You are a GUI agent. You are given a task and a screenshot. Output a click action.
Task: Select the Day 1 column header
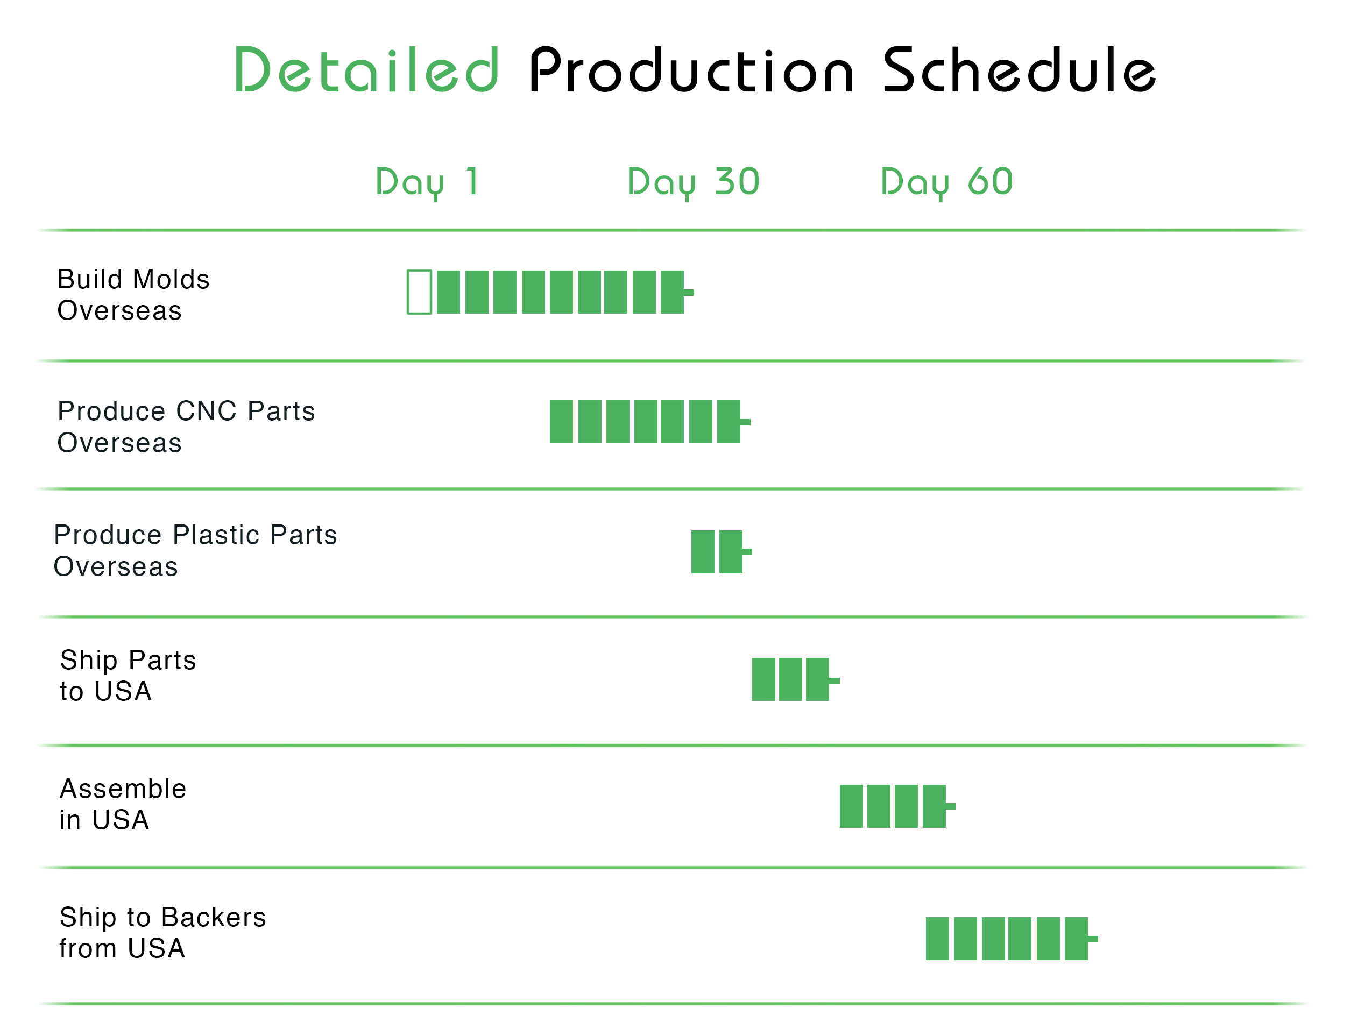(x=427, y=183)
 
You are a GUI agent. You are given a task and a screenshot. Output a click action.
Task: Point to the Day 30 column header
(x=694, y=183)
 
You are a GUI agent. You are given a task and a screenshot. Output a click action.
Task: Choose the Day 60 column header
(x=946, y=183)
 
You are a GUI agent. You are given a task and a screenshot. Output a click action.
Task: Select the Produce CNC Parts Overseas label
(x=186, y=427)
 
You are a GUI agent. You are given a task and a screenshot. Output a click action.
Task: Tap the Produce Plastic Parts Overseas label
(x=195, y=551)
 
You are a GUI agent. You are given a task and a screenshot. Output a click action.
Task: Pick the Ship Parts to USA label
(x=128, y=676)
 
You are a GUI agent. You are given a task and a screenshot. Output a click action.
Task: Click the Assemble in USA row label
(x=123, y=804)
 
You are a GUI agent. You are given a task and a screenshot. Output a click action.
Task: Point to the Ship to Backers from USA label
(x=162, y=933)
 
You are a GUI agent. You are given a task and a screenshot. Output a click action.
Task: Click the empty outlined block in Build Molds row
(x=419, y=292)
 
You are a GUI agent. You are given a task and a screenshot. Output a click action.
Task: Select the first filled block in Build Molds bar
(x=448, y=292)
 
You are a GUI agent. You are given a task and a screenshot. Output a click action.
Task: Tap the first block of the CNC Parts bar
(x=561, y=422)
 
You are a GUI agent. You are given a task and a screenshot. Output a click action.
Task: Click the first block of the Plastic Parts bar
(x=703, y=552)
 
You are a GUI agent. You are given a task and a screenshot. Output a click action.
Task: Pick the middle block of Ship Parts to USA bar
(x=791, y=679)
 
